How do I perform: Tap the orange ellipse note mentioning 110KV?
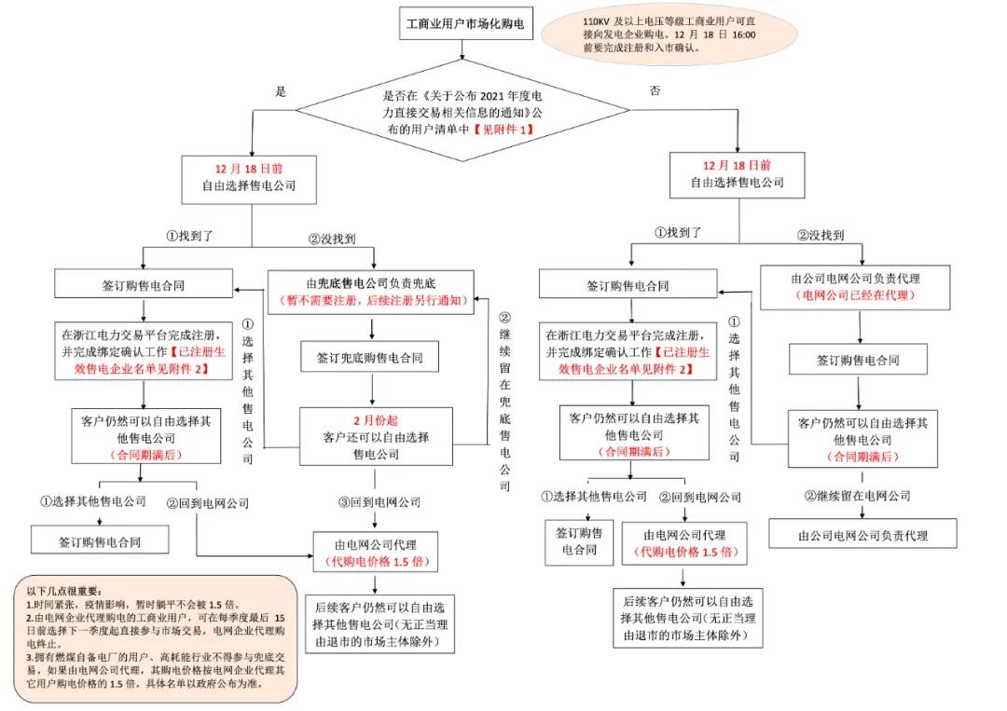coord(682,35)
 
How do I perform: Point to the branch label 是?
coord(279,91)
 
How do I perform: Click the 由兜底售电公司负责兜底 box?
coord(372,281)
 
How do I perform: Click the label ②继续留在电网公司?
coord(857,496)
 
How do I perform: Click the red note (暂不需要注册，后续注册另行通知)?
coord(372,302)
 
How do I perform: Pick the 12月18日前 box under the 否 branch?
coord(737,174)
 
